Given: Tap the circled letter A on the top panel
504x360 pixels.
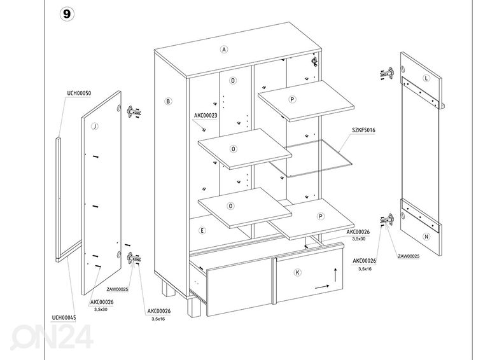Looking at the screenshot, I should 224,50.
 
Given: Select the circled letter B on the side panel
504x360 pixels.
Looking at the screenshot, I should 168,100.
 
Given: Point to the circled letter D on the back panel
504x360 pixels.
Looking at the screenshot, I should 234,81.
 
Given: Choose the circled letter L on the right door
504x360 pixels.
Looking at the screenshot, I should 426,78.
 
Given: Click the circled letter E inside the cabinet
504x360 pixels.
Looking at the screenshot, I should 202,231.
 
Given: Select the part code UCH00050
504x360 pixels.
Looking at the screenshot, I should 79,93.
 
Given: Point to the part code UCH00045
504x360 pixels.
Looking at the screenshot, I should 64,317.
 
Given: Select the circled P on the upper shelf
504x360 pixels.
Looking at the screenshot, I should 291,99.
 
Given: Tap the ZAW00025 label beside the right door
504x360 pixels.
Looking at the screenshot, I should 408,256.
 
